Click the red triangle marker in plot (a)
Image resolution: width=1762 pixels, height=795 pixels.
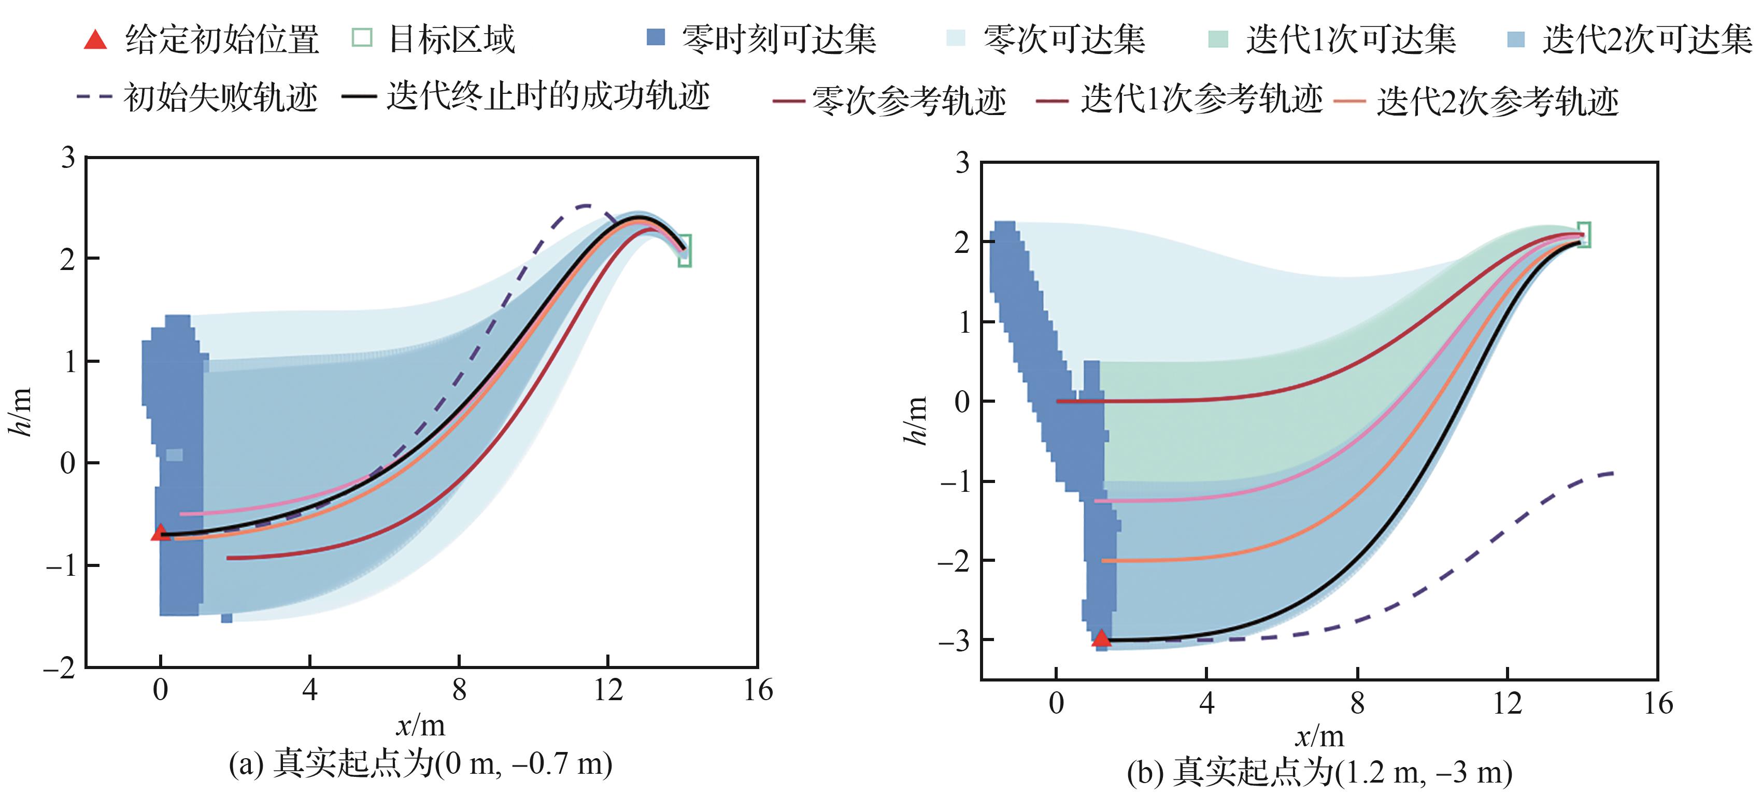(x=160, y=532)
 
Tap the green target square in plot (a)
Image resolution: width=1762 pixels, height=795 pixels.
(x=685, y=250)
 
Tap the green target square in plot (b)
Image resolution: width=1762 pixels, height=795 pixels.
(x=1584, y=235)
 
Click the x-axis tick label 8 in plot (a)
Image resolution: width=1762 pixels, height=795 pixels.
(x=459, y=690)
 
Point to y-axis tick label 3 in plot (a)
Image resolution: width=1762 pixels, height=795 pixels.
(x=68, y=158)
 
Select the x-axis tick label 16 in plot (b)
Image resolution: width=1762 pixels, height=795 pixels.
(x=1658, y=703)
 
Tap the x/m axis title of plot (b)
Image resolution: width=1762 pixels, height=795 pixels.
(x=1319, y=736)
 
